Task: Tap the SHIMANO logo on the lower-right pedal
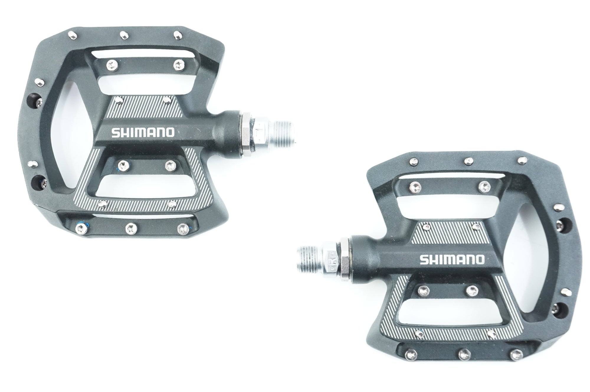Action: coord(452,260)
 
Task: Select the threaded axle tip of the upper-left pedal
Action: coord(283,132)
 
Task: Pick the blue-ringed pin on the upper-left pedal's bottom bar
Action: coord(80,227)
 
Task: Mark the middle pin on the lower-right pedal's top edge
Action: coord(468,162)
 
